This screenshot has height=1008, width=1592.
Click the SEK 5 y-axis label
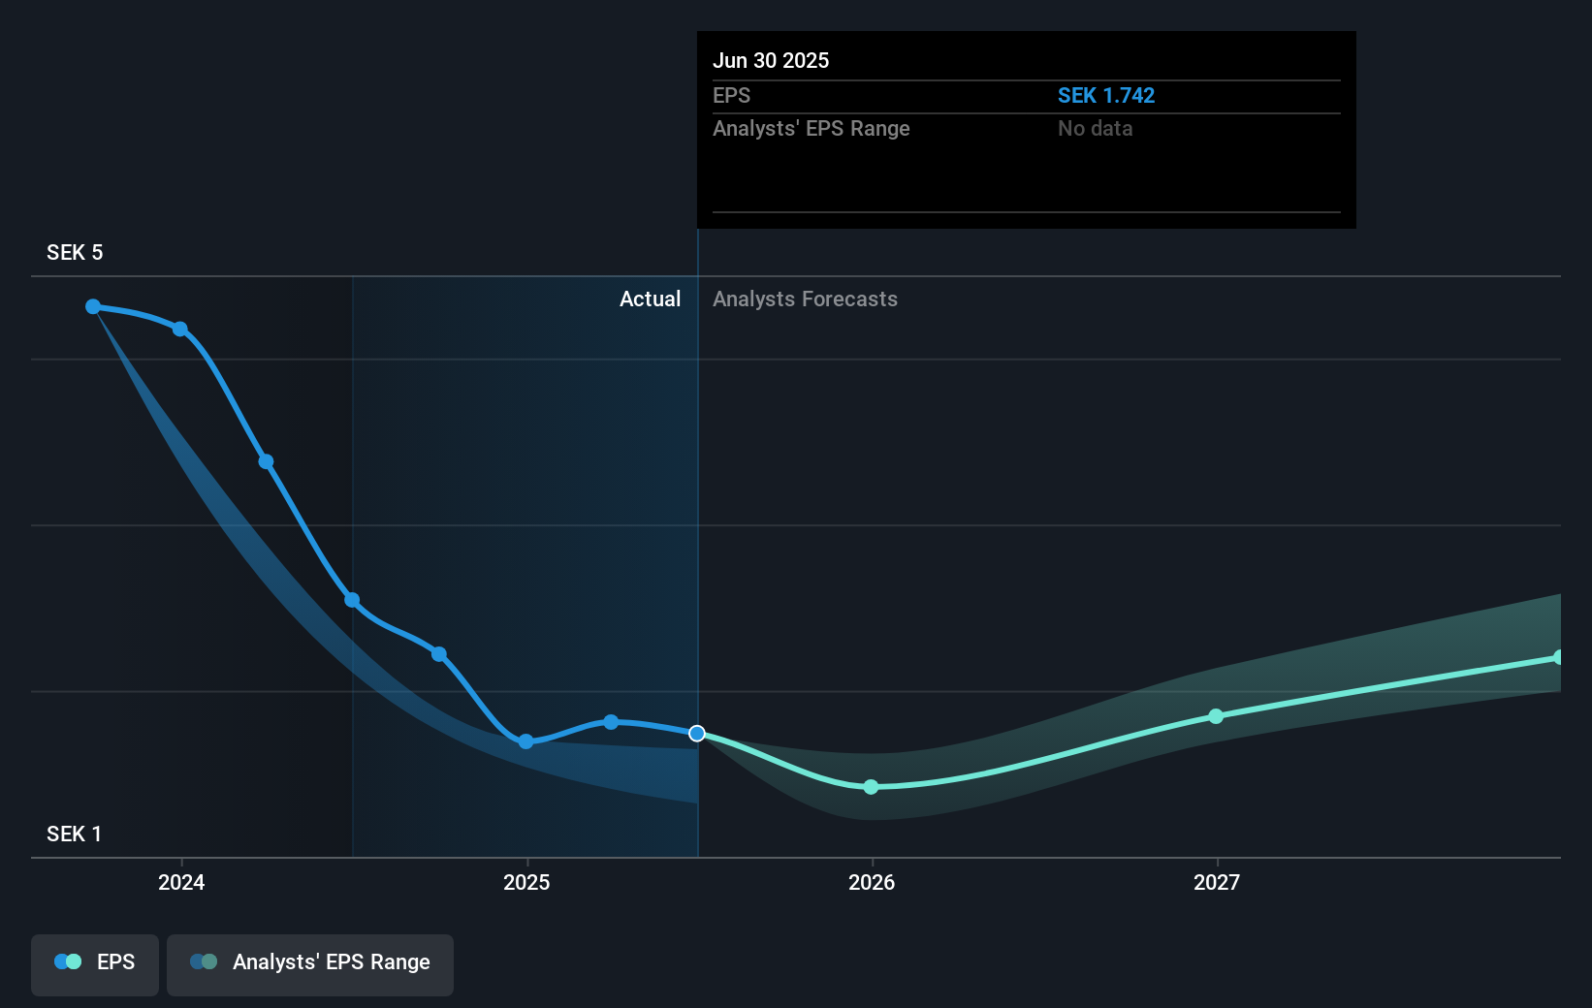point(75,253)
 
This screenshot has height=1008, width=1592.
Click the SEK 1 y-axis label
point(75,835)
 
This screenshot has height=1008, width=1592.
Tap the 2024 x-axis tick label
point(181,882)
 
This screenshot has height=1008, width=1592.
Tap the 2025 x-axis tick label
point(526,882)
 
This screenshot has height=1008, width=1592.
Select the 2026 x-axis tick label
point(872,882)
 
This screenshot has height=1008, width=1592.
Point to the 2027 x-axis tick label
point(1217,882)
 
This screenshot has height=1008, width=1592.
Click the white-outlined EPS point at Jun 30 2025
point(697,734)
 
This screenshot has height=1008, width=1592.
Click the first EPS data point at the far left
point(93,306)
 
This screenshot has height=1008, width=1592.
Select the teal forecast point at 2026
point(871,787)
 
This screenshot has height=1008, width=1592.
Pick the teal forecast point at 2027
point(1216,716)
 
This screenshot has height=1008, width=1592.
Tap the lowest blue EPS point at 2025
point(525,741)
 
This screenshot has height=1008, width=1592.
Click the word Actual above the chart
point(650,299)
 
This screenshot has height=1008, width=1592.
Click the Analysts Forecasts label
point(805,299)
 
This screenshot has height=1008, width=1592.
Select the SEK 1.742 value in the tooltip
point(1105,96)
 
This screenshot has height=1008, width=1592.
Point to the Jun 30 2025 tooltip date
point(771,61)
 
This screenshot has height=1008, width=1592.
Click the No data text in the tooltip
point(1095,129)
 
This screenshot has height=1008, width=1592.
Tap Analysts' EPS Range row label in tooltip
point(811,129)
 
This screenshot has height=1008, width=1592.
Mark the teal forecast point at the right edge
point(1557,657)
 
